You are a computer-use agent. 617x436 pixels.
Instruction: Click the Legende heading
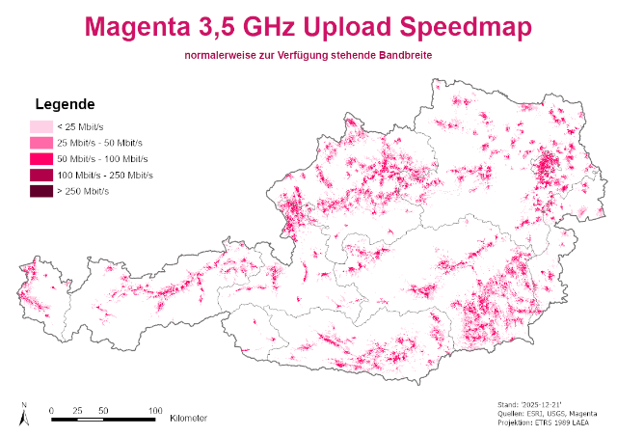pos(64,104)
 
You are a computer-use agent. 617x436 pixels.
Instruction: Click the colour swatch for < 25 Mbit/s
pos(40,126)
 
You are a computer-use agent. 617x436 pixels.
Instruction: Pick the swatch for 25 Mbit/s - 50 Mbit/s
pos(40,143)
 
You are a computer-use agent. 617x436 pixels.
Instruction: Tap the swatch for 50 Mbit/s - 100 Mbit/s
pos(40,159)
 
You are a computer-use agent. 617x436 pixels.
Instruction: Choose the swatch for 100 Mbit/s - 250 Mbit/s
pos(40,176)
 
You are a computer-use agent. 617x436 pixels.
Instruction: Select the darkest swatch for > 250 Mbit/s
pos(40,192)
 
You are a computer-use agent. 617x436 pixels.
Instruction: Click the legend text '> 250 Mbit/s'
pos(83,192)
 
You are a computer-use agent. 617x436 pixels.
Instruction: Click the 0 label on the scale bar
pos(51,410)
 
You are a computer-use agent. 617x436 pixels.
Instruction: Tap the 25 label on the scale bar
pos(77,410)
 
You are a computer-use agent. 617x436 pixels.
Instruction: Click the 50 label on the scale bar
pos(103,410)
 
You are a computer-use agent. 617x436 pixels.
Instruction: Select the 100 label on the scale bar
pos(154,410)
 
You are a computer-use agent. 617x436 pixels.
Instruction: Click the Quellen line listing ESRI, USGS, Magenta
pos(546,415)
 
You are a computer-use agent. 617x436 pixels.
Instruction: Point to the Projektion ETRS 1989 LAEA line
pos(546,423)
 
